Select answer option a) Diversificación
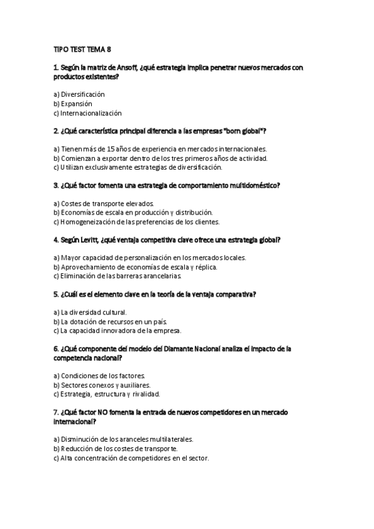pyautogui.click(x=79, y=94)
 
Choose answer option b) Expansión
pyautogui.click(x=72, y=104)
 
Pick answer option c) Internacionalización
pyautogui.click(x=87, y=113)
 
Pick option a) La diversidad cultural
pyautogui.click(x=90, y=312)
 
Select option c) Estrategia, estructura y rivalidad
pyautogui.click(x=107, y=394)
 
